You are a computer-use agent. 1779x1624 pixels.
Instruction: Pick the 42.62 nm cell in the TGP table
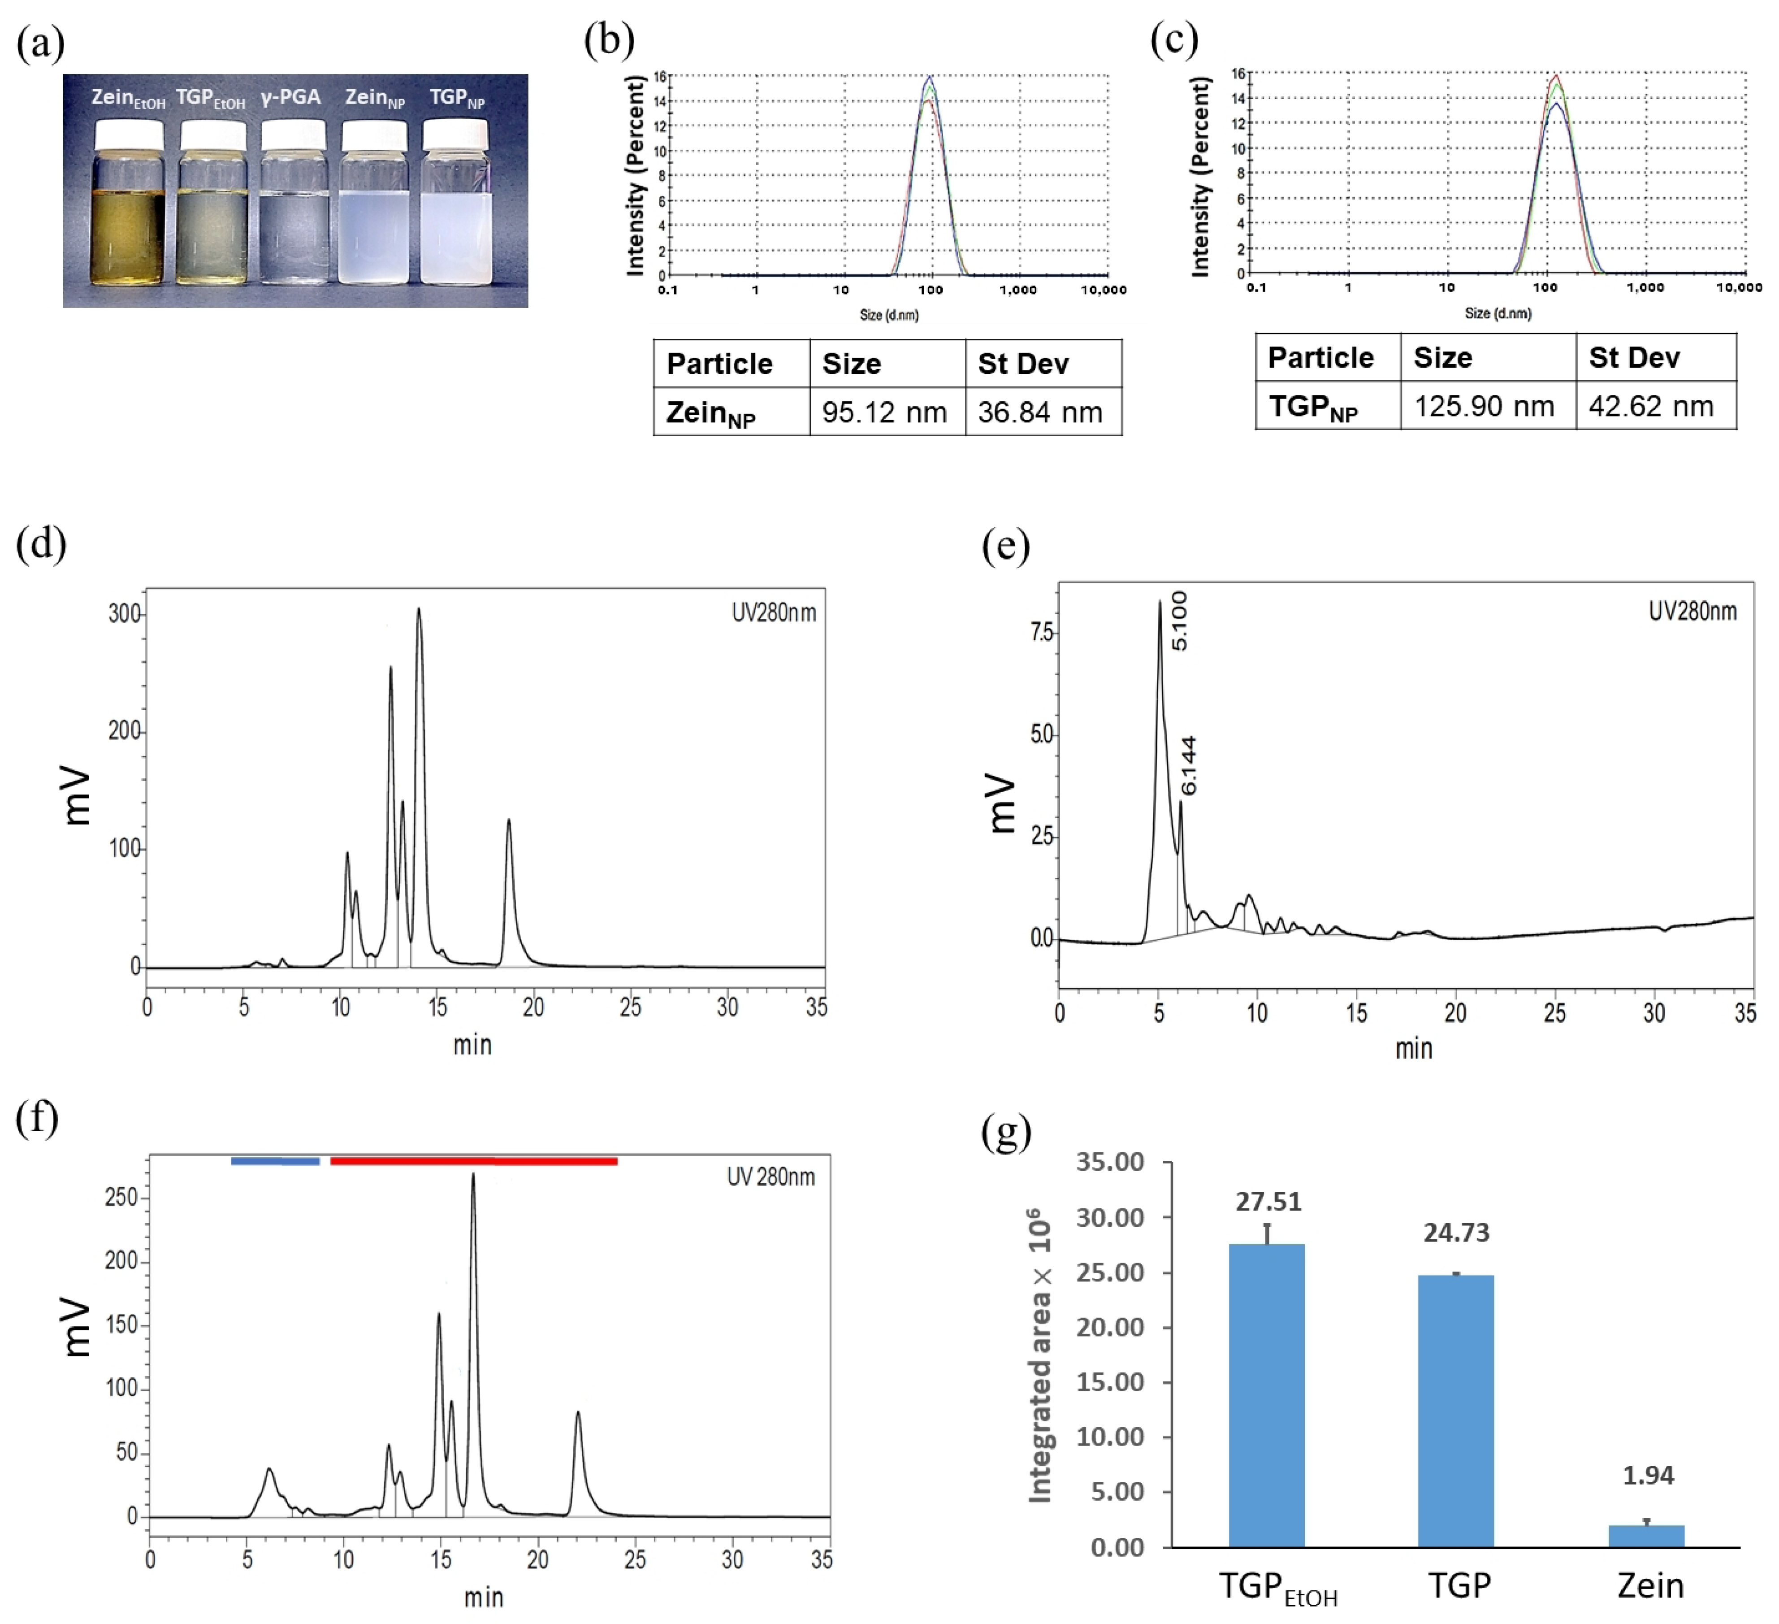(x=1651, y=406)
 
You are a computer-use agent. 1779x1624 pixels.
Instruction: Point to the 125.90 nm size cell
(x=1484, y=406)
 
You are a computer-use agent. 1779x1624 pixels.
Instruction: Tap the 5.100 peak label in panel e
(x=1180, y=621)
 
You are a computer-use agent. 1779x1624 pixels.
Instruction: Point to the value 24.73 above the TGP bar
(x=1456, y=1233)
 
